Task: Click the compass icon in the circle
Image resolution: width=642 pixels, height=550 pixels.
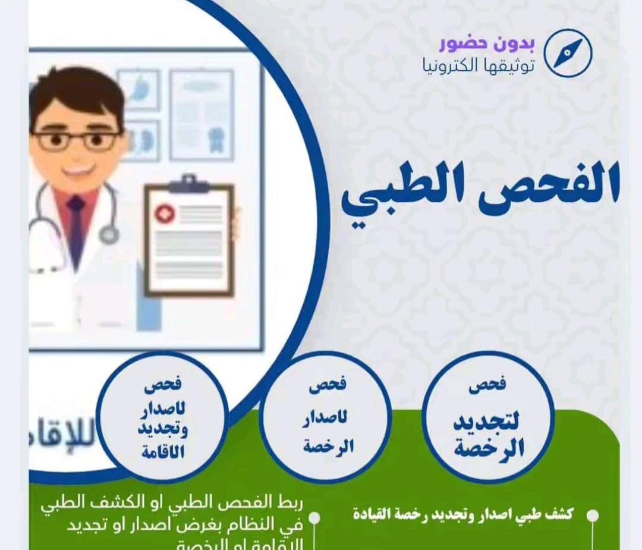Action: tap(568, 53)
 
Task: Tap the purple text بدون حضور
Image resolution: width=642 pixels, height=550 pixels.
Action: tap(487, 43)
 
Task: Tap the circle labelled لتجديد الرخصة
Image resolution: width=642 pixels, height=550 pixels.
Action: tap(488, 416)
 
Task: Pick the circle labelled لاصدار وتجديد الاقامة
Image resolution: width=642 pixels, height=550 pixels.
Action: tap(162, 417)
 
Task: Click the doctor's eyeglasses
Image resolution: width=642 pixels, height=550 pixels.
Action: tap(77, 140)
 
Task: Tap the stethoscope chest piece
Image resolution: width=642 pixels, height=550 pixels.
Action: tap(109, 235)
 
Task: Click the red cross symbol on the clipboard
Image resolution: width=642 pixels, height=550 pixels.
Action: tap(164, 213)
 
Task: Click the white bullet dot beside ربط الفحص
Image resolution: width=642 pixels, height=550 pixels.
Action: tap(314, 518)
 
